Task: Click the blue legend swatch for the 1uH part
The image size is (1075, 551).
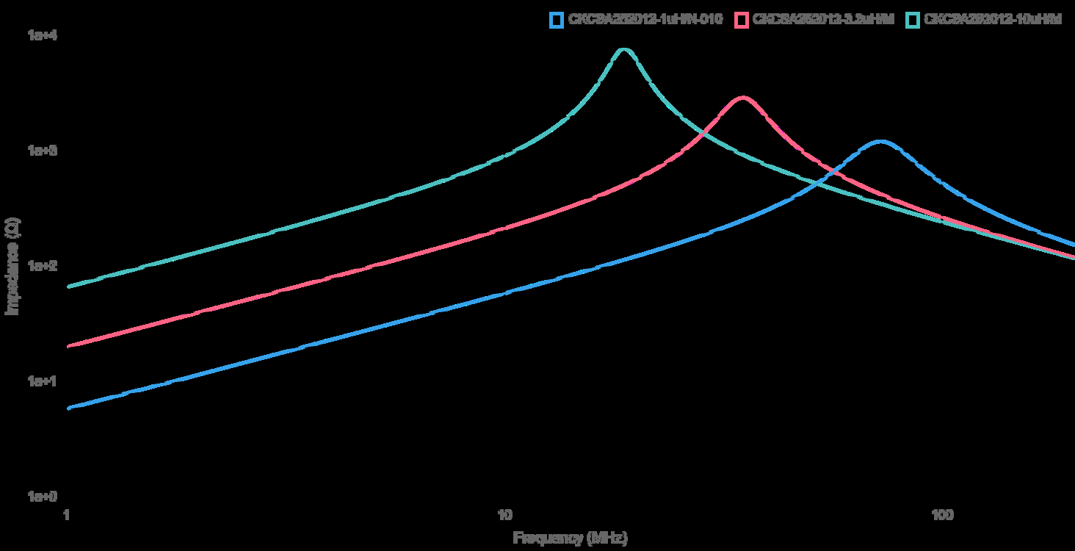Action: point(556,20)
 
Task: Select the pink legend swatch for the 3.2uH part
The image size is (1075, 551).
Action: point(742,20)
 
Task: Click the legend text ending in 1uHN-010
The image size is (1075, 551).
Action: point(646,20)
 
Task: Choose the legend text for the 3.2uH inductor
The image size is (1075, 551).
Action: point(824,20)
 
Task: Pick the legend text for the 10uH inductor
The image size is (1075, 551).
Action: point(993,20)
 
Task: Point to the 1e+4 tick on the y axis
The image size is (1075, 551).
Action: point(40,35)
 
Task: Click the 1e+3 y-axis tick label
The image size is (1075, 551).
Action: point(40,150)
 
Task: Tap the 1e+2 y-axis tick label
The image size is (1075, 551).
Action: point(40,265)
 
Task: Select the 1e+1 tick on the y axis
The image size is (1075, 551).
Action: point(40,381)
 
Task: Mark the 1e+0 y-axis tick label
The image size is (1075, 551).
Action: point(40,497)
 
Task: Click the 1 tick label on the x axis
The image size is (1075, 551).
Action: point(67,514)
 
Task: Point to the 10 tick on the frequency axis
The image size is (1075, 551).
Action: point(504,514)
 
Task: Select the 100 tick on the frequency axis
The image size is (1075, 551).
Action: point(942,514)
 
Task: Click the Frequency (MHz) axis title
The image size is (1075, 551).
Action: point(570,538)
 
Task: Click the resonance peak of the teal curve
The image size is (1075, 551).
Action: point(624,50)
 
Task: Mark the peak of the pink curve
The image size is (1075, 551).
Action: point(743,98)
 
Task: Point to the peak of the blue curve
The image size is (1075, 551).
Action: point(880,141)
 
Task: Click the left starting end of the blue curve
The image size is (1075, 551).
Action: point(68,408)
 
